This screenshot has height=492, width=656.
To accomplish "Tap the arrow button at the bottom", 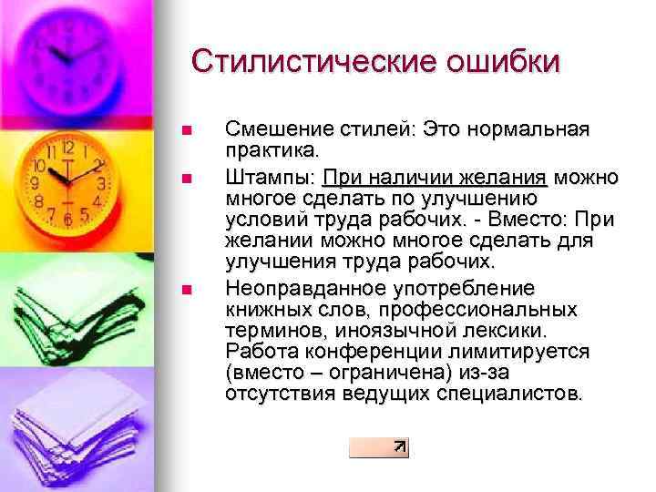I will tap(379, 446).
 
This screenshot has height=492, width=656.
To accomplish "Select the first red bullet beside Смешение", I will tap(188, 130).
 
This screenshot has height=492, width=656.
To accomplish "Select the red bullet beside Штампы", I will tap(188, 177).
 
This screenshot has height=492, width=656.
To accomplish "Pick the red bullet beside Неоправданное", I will tap(188, 290).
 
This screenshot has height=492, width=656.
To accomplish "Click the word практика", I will tap(272, 148).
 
